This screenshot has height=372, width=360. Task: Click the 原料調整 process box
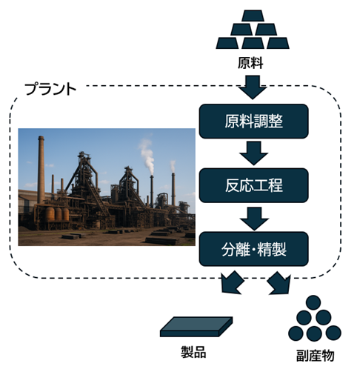(x=253, y=121)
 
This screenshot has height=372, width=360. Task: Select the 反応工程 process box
(x=253, y=185)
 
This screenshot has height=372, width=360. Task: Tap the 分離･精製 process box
(x=253, y=249)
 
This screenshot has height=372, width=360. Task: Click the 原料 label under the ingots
(x=250, y=63)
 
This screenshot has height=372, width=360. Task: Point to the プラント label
(x=50, y=89)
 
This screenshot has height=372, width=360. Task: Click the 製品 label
(x=193, y=352)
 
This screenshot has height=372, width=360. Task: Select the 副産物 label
(x=315, y=356)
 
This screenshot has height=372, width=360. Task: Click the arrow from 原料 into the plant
(x=253, y=87)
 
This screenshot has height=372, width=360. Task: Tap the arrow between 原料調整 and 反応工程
(x=253, y=153)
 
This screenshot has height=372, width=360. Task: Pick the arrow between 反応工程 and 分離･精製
(x=254, y=219)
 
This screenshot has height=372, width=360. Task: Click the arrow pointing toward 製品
(x=231, y=283)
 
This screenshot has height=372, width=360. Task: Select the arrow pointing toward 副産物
(x=279, y=283)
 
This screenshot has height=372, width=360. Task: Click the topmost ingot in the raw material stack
(x=253, y=16)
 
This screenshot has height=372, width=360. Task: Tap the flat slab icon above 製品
(x=196, y=327)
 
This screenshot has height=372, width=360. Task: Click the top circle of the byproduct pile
(x=313, y=302)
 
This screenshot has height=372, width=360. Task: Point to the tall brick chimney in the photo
(x=41, y=170)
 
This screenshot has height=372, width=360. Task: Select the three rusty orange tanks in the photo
(x=57, y=214)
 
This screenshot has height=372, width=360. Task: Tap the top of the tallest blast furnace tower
(x=81, y=154)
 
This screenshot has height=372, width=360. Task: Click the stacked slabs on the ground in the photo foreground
(x=161, y=241)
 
